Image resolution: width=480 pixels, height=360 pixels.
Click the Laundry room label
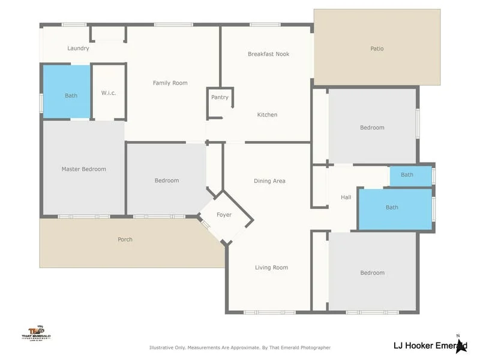tap(78, 48)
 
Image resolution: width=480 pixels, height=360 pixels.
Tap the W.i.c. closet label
tap(109, 93)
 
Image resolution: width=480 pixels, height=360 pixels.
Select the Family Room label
tap(170, 83)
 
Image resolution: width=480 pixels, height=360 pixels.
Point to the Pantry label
tap(220, 97)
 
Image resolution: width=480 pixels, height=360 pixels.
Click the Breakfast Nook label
tap(268, 54)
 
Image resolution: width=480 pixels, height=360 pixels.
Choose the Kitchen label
tap(267, 115)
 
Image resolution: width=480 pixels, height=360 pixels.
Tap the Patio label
tap(376, 49)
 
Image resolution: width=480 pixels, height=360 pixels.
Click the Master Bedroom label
tap(83, 169)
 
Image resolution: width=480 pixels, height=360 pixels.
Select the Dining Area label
tap(269, 181)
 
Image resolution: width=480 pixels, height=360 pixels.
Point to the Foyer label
tap(224, 215)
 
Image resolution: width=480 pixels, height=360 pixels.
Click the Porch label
tap(125, 239)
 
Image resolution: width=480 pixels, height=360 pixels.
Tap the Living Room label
tap(271, 268)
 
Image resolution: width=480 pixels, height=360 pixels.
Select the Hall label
tap(346, 197)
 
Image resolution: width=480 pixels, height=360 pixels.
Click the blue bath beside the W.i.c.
tap(65, 92)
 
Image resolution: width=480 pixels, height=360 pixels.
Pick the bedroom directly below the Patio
tap(372, 127)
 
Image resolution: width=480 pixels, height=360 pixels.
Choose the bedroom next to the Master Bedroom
tap(166, 181)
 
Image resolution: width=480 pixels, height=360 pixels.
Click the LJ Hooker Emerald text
tap(426, 345)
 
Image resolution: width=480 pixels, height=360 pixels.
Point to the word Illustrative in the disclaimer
tap(162, 347)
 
